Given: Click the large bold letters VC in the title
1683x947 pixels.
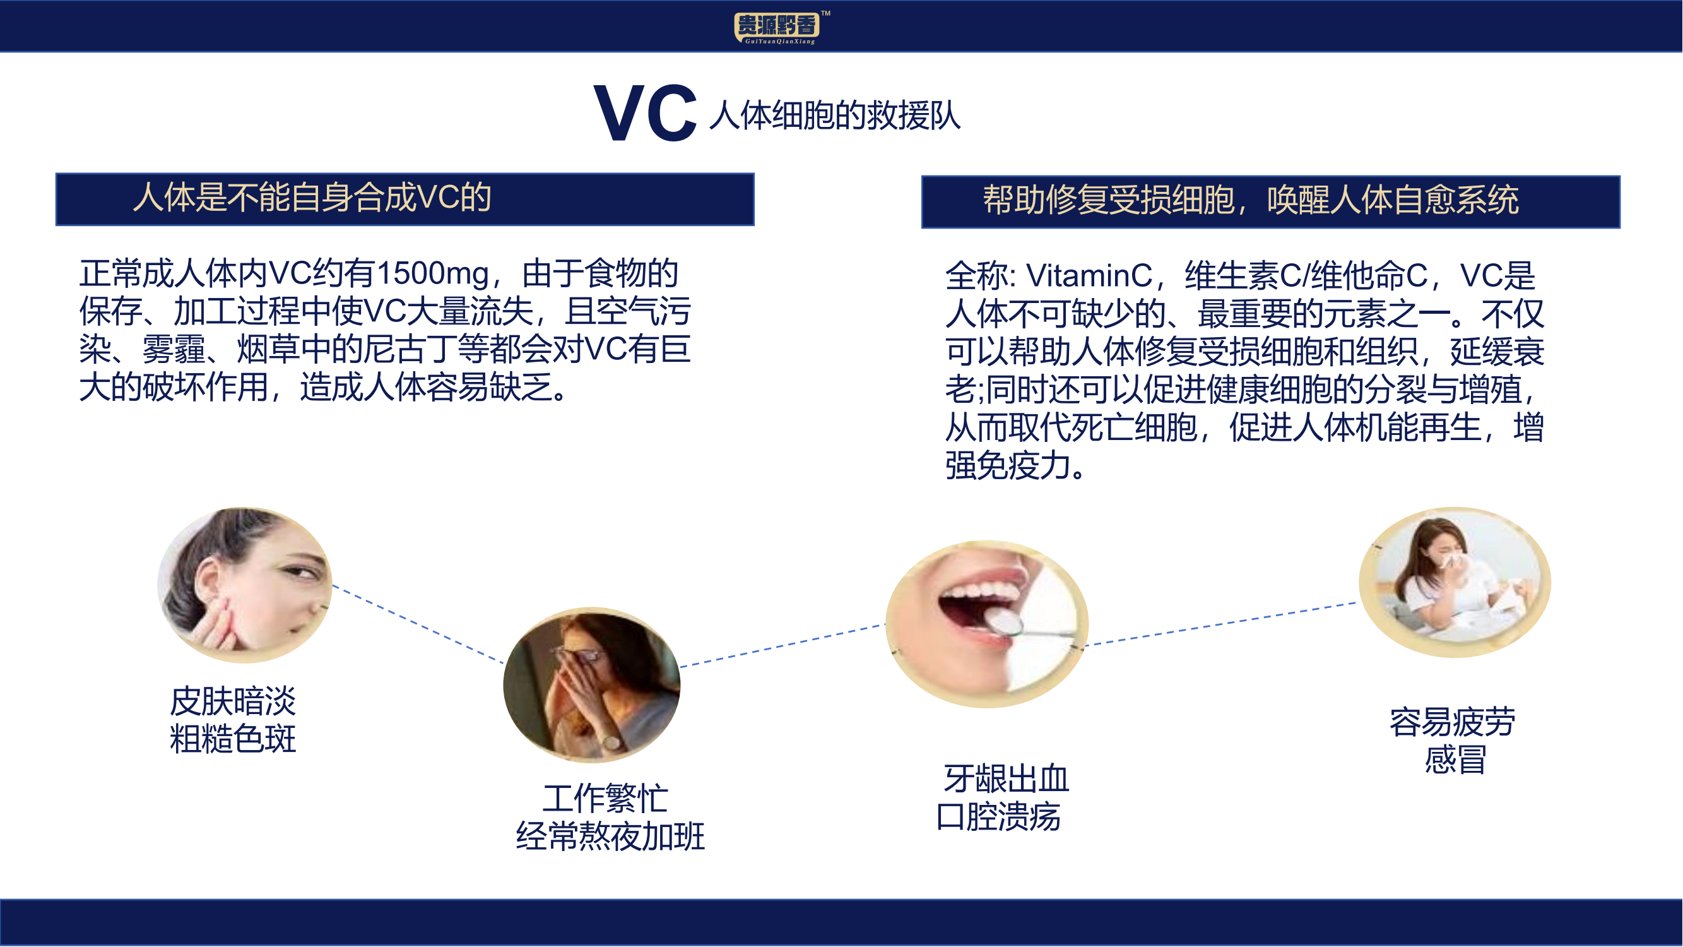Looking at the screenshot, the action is coord(646,114).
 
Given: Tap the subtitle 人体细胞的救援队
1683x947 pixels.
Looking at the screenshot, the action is coord(835,116).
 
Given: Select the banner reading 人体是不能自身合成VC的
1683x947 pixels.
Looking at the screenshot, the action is coord(405,200).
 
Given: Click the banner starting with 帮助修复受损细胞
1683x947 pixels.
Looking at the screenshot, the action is coord(1271,202).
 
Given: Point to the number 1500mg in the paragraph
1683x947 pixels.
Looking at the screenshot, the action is coord(432,273).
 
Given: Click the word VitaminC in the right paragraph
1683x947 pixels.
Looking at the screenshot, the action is coord(1089,275).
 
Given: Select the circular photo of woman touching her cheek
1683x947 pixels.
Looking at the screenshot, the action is coord(245,585).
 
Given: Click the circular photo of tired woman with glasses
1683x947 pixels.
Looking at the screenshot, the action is coord(592,685).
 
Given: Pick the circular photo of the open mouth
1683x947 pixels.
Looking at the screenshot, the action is coord(986,624).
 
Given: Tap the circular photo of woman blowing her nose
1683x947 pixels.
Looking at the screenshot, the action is coord(1455,581).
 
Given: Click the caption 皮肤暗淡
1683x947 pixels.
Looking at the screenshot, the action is coord(233,702).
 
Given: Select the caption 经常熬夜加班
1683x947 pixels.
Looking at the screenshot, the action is coord(610,837).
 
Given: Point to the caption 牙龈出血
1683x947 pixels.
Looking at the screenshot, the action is coord(1006,779).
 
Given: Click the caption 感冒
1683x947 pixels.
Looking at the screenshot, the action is coord(1456,760).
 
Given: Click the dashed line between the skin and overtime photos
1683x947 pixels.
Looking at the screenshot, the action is coord(418,624).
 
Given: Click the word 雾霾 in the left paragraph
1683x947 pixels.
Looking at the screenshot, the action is coord(174,349).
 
